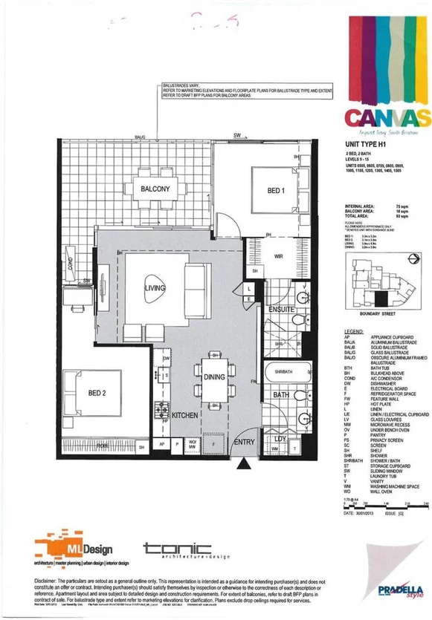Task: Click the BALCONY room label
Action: tap(155, 189)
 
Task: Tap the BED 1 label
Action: tap(277, 191)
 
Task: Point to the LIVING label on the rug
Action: tap(155, 287)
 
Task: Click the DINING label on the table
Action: tap(213, 377)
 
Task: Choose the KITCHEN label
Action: tap(184, 417)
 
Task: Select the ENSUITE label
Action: tap(283, 308)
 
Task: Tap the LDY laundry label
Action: tap(281, 438)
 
